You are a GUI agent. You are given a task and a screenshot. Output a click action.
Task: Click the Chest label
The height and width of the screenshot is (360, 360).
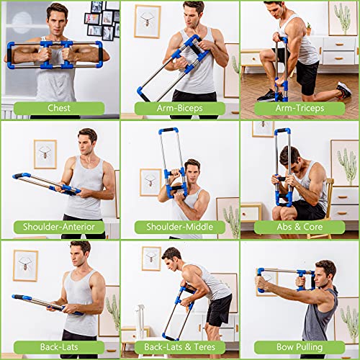click(59, 108)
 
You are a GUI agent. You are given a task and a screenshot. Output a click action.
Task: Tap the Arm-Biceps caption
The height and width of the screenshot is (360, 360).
click(179, 108)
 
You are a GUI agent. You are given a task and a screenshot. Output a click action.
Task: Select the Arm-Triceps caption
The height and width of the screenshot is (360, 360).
click(300, 108)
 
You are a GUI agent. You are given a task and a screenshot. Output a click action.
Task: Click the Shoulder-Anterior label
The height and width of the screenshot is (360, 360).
click(59, 228)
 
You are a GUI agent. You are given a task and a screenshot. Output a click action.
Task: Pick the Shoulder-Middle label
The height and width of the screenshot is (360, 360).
click(179, 228)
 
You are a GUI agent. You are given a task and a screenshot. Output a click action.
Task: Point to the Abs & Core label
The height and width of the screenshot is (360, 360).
click(300, 228)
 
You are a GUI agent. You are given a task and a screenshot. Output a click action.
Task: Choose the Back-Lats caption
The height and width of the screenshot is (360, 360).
click(59, 347)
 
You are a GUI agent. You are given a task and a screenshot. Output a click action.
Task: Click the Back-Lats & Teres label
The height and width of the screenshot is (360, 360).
click(179, 347)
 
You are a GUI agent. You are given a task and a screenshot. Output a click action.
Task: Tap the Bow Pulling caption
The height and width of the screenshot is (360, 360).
click(300, 347)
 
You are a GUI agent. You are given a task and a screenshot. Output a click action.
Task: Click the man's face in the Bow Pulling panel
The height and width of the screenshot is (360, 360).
click(326, 276)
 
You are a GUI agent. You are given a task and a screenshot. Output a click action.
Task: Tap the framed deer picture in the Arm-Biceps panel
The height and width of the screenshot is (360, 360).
click(147, 22)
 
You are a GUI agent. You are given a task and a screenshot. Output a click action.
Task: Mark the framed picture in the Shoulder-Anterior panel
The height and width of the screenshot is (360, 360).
click(45, 153)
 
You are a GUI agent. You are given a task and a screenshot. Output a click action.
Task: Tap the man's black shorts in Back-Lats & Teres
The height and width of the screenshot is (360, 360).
click(219, 310)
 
